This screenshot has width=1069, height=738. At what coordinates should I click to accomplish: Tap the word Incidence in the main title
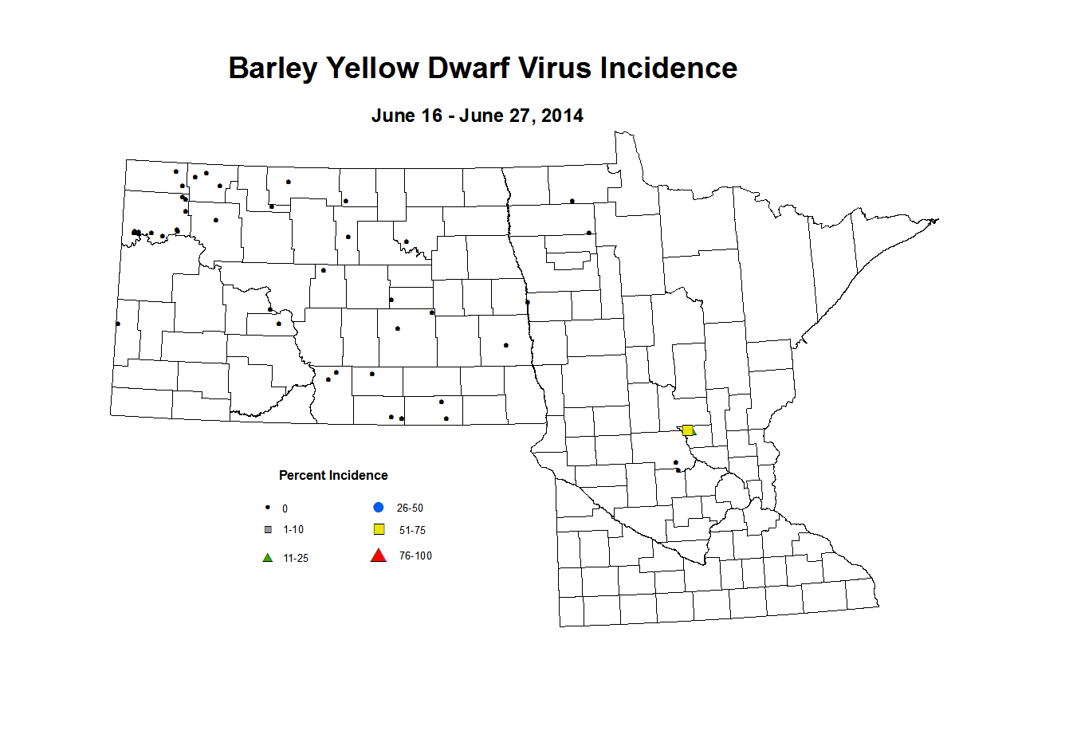tap(669, 69)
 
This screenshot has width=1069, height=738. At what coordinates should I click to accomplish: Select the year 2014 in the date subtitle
tap(562, 116)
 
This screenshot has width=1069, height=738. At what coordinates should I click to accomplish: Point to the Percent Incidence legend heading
tap(333, 475)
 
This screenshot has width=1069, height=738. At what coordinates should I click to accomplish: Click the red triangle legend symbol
tap(379, 555)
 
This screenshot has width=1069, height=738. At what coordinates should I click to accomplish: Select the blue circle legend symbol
tap(379, 508)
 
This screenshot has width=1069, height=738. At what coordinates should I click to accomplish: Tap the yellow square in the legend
tap(379, 530)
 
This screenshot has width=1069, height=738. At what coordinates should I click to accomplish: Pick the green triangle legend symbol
tap(268, 558)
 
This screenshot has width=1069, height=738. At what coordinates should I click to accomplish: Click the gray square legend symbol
tap(268, 529)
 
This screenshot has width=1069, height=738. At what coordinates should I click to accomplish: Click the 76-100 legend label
tap(415, 555)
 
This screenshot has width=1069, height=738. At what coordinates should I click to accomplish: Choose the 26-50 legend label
tap(410, 508)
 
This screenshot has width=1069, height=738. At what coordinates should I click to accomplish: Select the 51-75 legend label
tap(412, 530)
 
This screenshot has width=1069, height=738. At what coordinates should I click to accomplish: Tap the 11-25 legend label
tap(296, 558)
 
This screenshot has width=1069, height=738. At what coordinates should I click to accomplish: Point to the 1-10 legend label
tap(293, 529)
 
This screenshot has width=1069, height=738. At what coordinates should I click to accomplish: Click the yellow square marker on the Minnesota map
tap(687, 430)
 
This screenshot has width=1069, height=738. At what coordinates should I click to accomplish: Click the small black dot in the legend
tap(268, 507)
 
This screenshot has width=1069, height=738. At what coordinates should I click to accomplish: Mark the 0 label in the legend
tap(285, 508)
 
